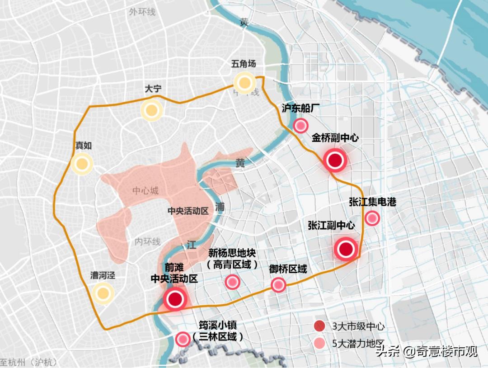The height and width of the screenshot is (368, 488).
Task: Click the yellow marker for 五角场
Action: pyautogui.click(x=244, y=83)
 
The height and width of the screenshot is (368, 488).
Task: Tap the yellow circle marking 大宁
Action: pyautogui.click(x=151, y=110)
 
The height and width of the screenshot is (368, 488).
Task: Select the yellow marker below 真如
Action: pyautogui.click(x=82, y=164)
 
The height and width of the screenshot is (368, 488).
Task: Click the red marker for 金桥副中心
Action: pyautogui.click(x=335, y=160)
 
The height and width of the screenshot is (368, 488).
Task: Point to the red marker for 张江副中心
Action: pyautogui.click(x=346, y=249)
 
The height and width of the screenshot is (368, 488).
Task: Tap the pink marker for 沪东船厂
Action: pyautogui.click(x=300, y=126)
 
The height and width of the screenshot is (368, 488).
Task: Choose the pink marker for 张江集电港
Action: pyautogui.click(x=372, y=218)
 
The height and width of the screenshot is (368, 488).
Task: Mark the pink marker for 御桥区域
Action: pyautogui.click(x=278, y=285)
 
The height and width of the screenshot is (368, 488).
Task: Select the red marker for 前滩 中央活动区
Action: pyautogui.click(x=175, y=298)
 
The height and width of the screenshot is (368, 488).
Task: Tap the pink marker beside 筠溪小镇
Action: pyautogui.click(x=183, y=339)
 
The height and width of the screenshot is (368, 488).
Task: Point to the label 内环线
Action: pyautogui.click(x=147, y=242)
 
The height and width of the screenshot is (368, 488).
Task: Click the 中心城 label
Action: pyautogui.click(x=145, y=191)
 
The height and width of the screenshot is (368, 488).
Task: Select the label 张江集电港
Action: pyautogui.click(x=372, y=202)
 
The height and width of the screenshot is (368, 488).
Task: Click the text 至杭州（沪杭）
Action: pyautogui.click(x=29, y=362)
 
